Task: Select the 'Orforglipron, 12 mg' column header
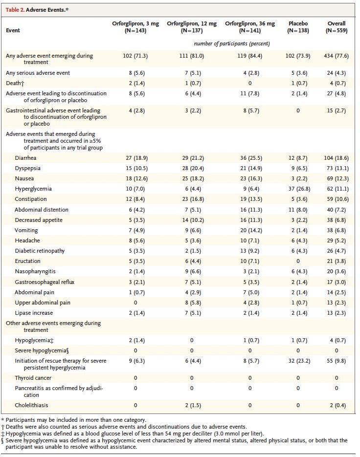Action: (x=192, y=26)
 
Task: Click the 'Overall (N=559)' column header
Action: (x=337, y=26)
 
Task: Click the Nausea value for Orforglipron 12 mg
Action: (x=192, y=178)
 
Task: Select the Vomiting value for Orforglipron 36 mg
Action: (x=250, y=230)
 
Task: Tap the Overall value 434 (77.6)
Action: (x=336, y=56)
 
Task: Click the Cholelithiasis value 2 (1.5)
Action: (x=192, y=405)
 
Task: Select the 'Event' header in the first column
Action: (x=13, y=30)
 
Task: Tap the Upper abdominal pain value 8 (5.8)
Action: (x=192, y=303)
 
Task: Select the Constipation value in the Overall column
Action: (x=336, y=199)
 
